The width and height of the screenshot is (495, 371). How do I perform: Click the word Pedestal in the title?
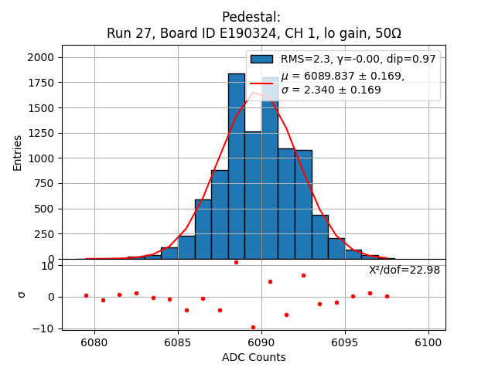coord(251,17)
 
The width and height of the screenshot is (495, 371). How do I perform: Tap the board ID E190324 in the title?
coord(231,34)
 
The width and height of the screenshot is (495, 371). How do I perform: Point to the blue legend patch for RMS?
coord(263,60)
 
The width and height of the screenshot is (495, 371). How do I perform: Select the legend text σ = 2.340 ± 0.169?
coord(331,90)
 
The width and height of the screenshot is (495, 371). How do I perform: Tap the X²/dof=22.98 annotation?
coord(405,270)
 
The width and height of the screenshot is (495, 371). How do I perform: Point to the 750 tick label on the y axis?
coord(43,183)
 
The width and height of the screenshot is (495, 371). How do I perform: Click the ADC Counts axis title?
coord(254,357)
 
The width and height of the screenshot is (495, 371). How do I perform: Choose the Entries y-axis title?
coord(18,152)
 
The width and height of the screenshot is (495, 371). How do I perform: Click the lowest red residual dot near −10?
coord(253,327)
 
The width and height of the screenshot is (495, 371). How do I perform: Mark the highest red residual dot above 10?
coord(236,262)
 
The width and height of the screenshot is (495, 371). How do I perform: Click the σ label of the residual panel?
coord(22,294)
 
